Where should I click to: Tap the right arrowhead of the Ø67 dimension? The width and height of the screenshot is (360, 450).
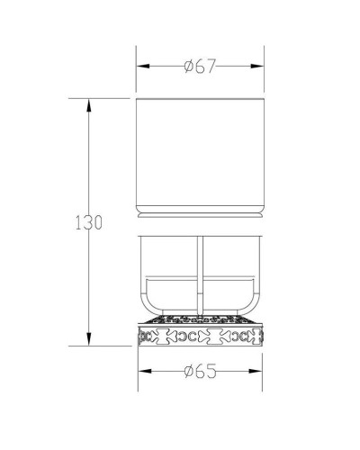260,67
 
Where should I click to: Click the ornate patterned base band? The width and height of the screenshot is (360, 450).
200,335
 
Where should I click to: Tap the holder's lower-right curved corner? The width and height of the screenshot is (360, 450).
254,307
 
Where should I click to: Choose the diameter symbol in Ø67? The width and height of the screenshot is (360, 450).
188,66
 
